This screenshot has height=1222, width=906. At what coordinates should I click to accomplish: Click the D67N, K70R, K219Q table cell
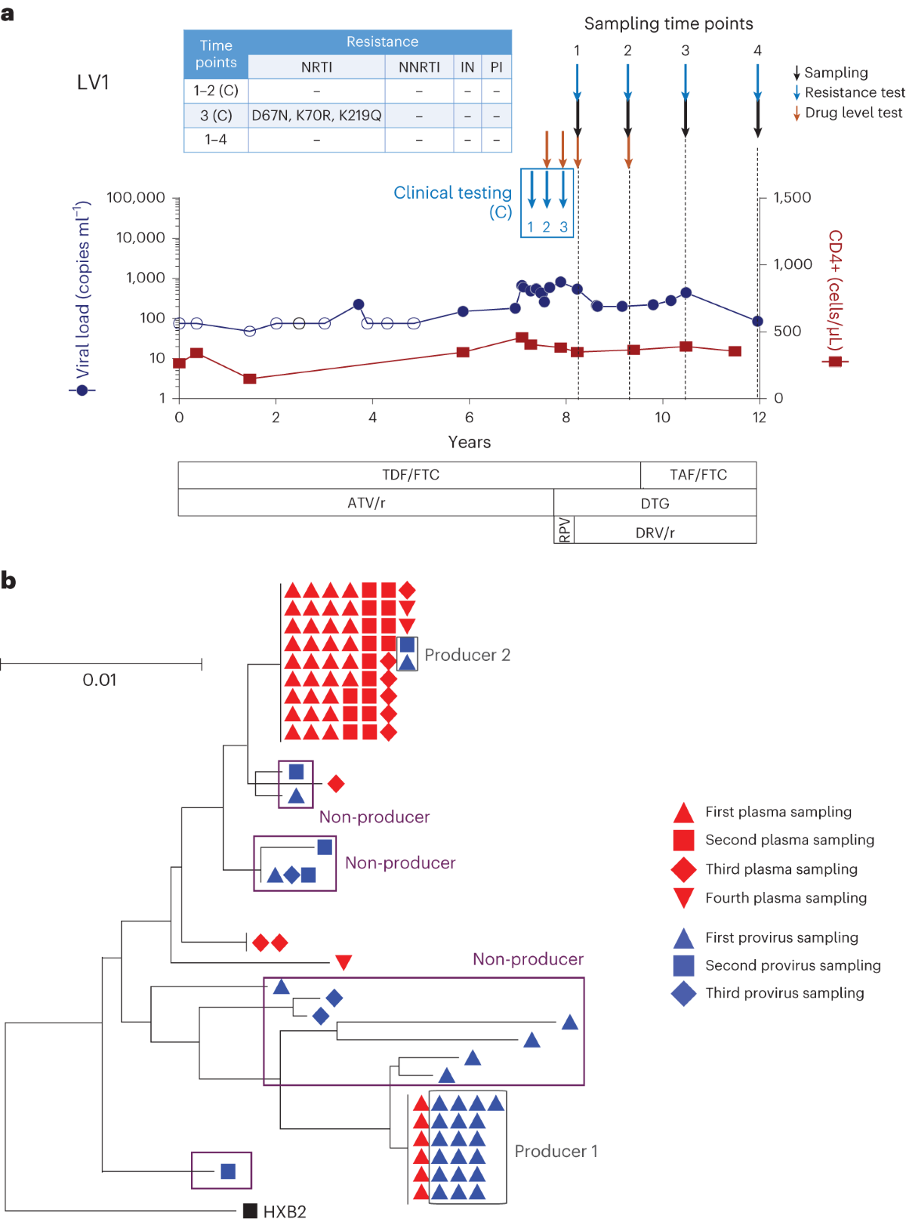coord(316,116)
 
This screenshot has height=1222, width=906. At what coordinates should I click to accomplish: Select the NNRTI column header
coord(419,67)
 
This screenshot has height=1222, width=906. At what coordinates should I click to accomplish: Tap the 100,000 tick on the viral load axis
coord(136,198)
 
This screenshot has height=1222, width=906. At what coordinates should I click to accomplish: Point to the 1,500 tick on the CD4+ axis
coord(792,198)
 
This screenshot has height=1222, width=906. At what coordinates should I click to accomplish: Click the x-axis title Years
coord(469,443)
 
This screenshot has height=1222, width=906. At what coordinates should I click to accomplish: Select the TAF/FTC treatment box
coord(698,475)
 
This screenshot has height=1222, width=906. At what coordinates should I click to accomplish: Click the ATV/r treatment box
coord(366,503)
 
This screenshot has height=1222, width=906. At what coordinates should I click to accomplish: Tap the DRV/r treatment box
coord(655,532)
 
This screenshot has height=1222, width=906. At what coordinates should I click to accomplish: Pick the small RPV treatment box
coord(564,530)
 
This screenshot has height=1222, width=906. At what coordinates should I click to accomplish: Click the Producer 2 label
coord(467,655)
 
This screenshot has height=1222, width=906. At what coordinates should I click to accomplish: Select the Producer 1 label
coord(556,1151)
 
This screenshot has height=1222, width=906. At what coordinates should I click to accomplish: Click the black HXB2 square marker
coord(250,1211)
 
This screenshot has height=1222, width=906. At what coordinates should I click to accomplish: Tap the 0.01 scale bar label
coord(100,680)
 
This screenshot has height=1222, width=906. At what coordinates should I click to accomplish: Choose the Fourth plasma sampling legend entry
coord(785,898)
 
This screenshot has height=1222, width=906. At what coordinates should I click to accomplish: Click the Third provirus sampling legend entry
coord(784,993)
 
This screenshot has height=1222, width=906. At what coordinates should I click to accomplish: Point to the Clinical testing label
coord(453,193)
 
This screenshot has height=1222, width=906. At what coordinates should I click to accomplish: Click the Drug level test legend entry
coord(853,113)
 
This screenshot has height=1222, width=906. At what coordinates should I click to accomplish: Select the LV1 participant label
coord(93,82)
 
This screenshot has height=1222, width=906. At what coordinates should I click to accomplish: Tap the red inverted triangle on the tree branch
coord(344,962)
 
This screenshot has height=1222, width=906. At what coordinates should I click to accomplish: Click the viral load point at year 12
coord(757,321)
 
